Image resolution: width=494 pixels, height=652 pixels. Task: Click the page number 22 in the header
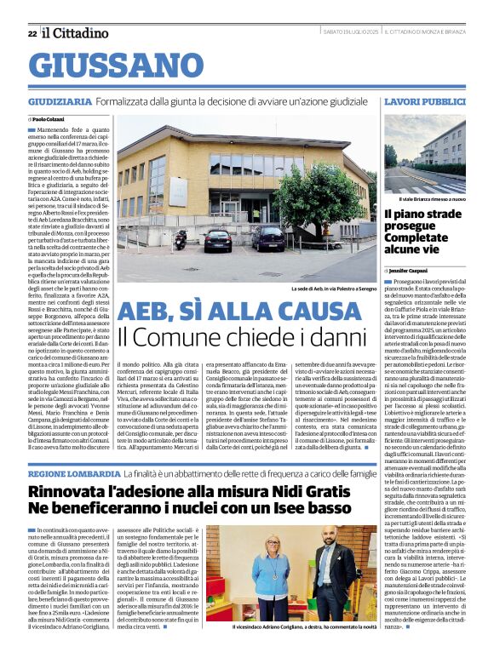(x=32, y=33)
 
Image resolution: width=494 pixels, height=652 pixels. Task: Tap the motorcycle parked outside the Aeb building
(x=181, y=241)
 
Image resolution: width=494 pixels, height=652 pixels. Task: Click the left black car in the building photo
(x=217, y=241)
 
